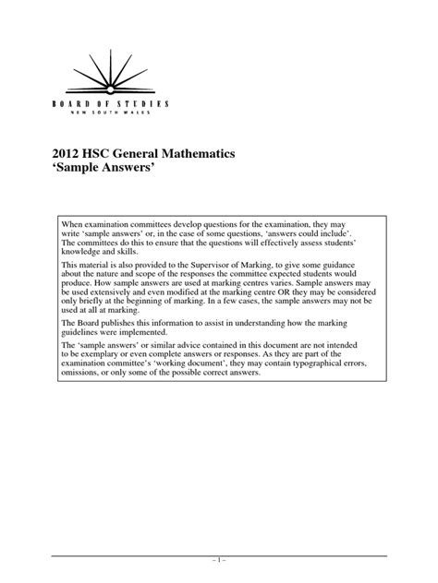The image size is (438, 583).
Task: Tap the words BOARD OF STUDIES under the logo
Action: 103,105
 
